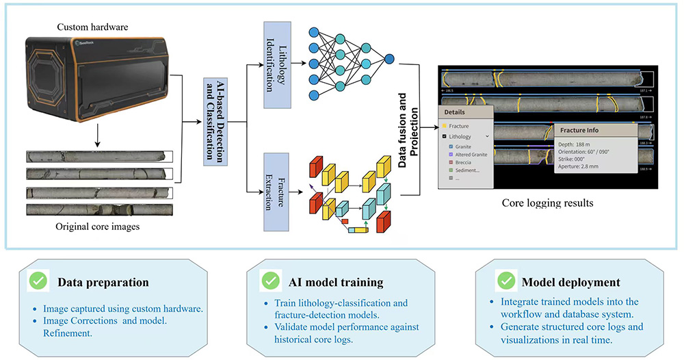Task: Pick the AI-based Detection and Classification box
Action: pyautogui.click(x=215, y=118)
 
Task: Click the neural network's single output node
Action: pyautogui.click(x=389, y=60)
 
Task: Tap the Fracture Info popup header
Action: pyautogui.click(x=579, y=130)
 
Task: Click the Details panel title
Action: pyautogui.click(x=455, y=112)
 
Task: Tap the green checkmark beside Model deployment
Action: pyautogui.click(x=506, y=281)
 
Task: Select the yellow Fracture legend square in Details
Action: pyautogui.click(x=445, y=126)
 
